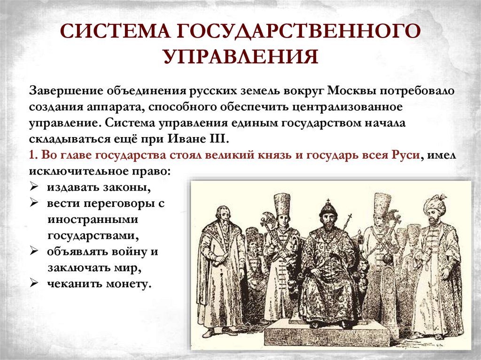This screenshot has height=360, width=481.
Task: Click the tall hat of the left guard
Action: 282,203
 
